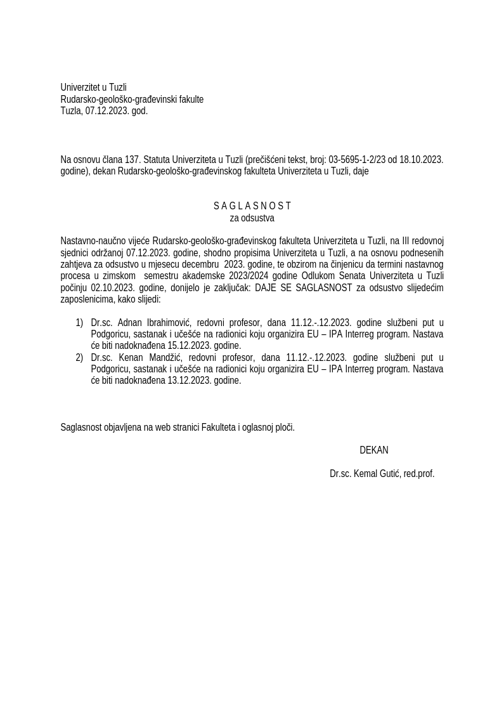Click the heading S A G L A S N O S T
252,206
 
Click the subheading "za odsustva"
252,218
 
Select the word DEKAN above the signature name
373,450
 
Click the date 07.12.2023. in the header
107,111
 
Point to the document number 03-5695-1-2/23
358,160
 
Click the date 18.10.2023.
422,160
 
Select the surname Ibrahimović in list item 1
167,323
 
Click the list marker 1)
79,323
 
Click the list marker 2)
79,358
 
